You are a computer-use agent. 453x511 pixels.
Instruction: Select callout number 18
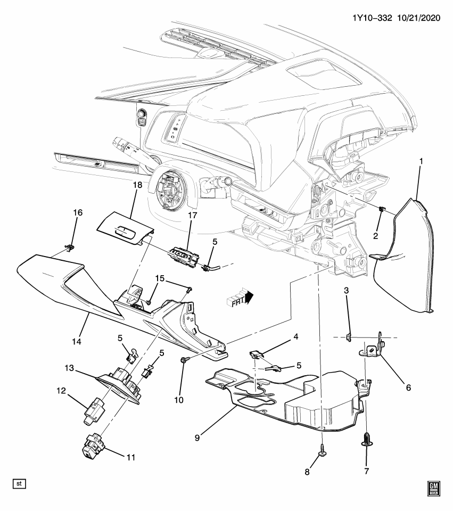(x=137, y=185)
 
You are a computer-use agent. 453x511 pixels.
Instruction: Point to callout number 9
(x=197, y=438)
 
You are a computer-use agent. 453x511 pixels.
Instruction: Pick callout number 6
(x=408, y=388)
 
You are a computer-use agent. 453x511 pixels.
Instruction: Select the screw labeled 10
(x=183, y=361)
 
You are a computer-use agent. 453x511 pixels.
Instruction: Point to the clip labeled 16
(x=69, y=246)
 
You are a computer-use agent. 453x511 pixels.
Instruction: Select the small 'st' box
(x=19, y=484)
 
